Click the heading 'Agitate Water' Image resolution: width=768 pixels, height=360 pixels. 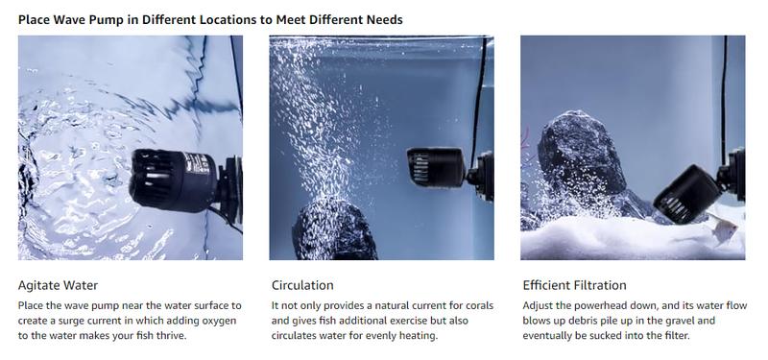pos(58,285)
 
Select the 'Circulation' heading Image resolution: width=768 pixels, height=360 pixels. pos(302,285)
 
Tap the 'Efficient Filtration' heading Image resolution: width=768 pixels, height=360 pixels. pos(574,285)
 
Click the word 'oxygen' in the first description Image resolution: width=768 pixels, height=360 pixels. pos(219,321)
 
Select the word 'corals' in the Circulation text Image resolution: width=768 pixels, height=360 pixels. pos(476,305)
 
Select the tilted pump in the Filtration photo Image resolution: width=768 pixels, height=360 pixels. pos(699,188)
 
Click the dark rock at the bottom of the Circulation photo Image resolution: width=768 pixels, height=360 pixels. pos(335,229)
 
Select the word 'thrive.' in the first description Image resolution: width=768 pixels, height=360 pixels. pos(171,336)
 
